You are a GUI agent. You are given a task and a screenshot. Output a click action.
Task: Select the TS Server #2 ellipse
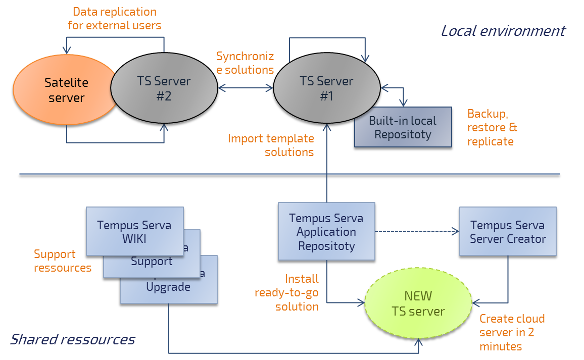coord(164,88)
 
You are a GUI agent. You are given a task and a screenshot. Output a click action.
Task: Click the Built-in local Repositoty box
coord(403,127)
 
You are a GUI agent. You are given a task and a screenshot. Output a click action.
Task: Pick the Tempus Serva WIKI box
coord(134,232)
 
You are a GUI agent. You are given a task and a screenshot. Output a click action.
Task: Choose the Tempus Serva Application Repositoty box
coord(326,232)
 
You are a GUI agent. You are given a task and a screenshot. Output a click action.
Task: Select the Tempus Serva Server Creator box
coord(508,232)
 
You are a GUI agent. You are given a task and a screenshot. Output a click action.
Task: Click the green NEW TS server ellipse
coord(418,303)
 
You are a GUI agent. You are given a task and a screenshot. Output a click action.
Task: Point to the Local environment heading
coord(503,31)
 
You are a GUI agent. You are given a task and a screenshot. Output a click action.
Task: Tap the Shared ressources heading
coord(73,339)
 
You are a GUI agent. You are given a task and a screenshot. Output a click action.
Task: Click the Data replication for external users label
coord(115,18)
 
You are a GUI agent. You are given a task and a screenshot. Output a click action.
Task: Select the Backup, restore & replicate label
coord(492,127)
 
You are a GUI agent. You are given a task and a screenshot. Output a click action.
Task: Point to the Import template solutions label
coord(271,145)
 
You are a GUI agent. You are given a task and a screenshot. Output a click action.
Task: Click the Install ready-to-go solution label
coord(287,292)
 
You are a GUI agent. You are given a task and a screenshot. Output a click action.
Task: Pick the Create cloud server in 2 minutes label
coord(512,333)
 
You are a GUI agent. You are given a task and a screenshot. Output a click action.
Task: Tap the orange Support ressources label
coord(62,261)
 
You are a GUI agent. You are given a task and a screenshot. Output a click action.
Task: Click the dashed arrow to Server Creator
coord(417,232)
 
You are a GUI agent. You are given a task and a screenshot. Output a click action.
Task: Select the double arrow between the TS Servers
coord(245,88)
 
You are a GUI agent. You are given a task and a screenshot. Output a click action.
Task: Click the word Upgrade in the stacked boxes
coord(168,287)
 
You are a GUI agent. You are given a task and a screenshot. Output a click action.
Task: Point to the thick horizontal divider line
coord(289,176)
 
